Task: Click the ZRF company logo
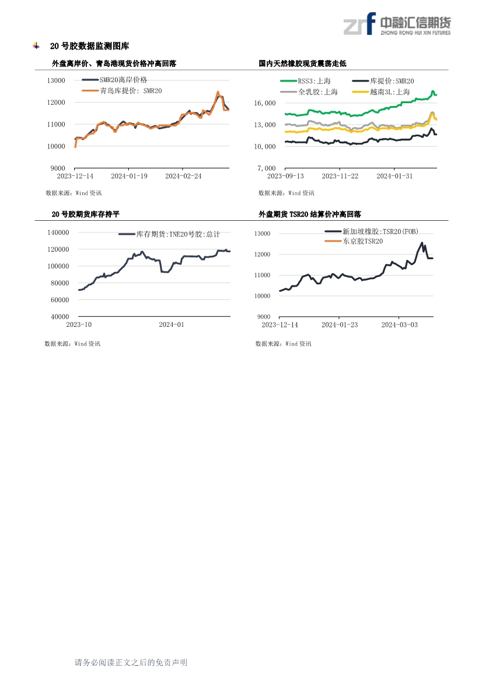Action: click(397, 24)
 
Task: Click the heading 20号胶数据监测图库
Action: click(90, 46)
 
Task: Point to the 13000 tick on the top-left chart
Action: click(56, 80)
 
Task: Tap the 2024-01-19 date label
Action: click(129, 176)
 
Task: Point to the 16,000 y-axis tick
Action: click(265, 103)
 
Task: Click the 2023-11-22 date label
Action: click(340, 176)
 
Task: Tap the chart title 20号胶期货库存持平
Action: click(85, 214)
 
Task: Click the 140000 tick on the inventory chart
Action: click(58, 232)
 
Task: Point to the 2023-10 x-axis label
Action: click(79, 324)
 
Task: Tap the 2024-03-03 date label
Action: click(399, 324)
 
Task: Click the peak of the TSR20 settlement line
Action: click(422, 243)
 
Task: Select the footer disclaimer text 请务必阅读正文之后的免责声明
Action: click(131, 662)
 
